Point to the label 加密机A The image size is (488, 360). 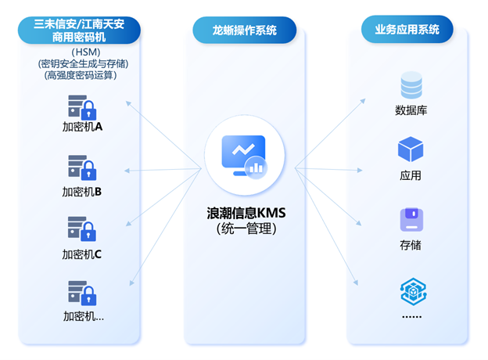point(82,125)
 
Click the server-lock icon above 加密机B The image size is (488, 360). point(81,167)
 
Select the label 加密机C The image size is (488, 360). point(82,254)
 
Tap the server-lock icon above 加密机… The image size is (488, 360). point(81,292)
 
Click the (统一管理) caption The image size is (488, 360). point(246,229)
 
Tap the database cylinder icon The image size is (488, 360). point(411,85)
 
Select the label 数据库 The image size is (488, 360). point(411,110)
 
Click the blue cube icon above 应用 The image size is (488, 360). point(411,149)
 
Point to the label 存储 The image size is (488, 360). point(411,245)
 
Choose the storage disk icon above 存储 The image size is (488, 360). point(411,220)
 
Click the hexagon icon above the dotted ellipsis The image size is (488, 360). point(411,291)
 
